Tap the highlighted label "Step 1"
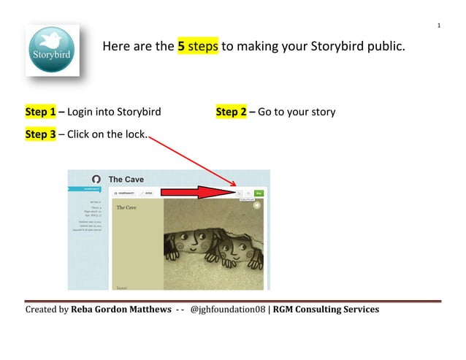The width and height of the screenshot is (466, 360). (x=41, y=112)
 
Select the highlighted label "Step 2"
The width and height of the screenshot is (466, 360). (x=232, y=112)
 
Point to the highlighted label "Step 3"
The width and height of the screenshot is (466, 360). (x=41, y=134)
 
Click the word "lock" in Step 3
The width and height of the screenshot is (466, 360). (x=134, y=134)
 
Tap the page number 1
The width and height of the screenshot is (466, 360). (x=439, y=26)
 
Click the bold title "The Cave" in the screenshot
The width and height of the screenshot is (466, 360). (x=126, y=179)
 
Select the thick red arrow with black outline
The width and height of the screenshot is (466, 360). (x=197, y=192)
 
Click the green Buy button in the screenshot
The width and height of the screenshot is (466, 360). (x=260, y=193)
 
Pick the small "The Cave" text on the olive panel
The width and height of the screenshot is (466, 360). (x=126, y=207)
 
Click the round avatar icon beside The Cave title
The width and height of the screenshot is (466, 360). (x=95, y=179)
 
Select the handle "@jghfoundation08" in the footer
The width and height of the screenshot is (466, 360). (x=228, y=310)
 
